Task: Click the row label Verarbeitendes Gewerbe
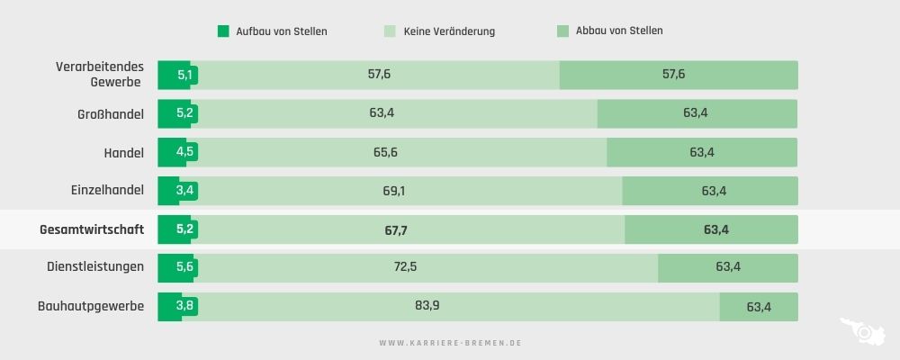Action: [x=99, y=75]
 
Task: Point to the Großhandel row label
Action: [x=110, y=114]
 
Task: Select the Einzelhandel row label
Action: [x=107, y=191]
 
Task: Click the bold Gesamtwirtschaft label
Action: [x=92, y=229]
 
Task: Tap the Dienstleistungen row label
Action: [x=95, y=267]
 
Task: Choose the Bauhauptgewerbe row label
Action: [x=91, y=306]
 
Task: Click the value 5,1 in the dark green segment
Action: [x=184, y=75]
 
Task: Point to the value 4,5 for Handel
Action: [x=184, y=152]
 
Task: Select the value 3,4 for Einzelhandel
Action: [x=184, y=191]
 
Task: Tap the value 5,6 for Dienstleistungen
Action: [x=184, y=267]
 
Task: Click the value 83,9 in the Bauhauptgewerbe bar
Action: [x=427, y=305]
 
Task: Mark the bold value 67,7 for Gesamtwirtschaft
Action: [x=396, y=230]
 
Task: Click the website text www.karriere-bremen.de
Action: [x=450, y=343]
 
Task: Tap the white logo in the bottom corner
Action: [x=864, y=332]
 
